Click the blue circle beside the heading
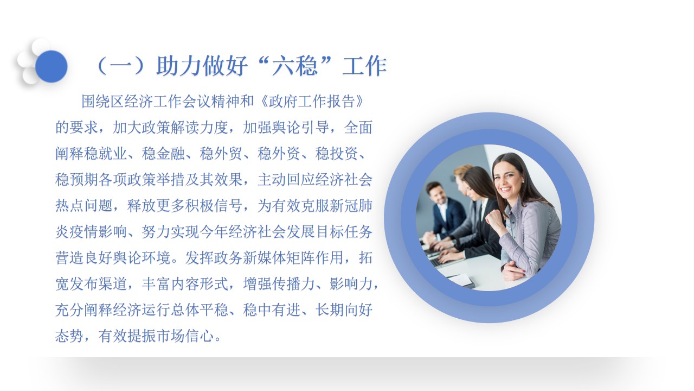[x=52, y=66]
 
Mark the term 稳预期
[x=77, y=180]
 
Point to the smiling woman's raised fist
[x=495, y=220]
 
